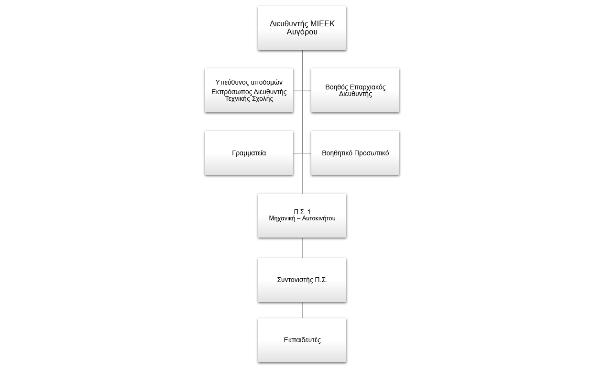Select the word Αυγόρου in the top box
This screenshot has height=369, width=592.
302,32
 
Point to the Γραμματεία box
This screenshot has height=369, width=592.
249,153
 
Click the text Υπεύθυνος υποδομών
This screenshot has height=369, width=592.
249,82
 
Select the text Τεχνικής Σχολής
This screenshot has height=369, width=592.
249,99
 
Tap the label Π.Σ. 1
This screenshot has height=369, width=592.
302,211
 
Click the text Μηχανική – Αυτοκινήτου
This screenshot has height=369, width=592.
302,218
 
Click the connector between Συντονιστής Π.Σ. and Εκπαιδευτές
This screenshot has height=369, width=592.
302,310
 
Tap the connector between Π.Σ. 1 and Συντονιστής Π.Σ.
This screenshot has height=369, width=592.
302,248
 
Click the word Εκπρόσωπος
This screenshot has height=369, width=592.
231,92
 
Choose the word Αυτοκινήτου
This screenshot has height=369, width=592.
319,218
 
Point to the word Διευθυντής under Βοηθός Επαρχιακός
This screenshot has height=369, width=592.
355,94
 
